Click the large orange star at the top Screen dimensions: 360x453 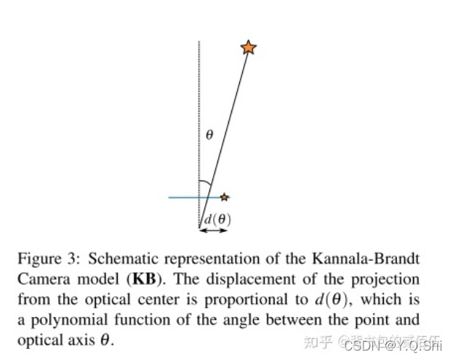[x=248, y=47]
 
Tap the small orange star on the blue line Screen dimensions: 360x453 [x=225, y=197]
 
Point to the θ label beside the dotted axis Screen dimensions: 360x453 [x=209, y=135]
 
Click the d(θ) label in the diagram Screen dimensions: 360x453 [x=217, y=217]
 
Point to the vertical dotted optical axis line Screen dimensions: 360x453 [x=199, y=109]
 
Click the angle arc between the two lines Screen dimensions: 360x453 [x=206, y=183]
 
